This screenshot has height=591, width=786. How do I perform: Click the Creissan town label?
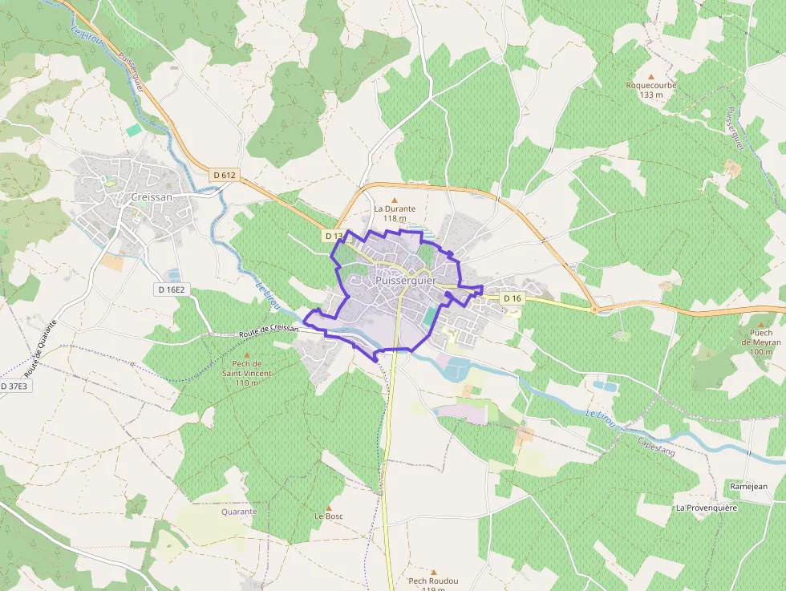(151, 196)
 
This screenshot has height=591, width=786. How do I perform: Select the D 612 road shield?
(225, 175)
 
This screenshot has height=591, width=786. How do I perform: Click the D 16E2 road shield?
(171, 289)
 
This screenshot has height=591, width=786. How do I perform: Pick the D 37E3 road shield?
(14, 386)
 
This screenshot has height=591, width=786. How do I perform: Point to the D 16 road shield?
(513, 298)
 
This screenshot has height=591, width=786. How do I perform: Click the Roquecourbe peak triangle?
(651, 76)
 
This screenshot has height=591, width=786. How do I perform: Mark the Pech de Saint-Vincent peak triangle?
(247, 355)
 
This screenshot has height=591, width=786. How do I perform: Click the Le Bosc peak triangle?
(328, 508)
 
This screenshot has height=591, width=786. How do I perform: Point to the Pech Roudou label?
(433, 581)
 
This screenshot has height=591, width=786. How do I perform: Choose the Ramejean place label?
(749, 486)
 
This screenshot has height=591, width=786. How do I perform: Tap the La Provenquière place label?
(706, 508)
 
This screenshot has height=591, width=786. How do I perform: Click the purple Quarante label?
(239, 512)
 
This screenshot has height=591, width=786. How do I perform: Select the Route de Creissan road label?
(269, 330)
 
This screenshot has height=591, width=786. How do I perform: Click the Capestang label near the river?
(657, 447)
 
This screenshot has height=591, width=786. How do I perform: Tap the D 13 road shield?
(334, 236)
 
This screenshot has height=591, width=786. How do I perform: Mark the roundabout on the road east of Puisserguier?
(594, 309)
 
